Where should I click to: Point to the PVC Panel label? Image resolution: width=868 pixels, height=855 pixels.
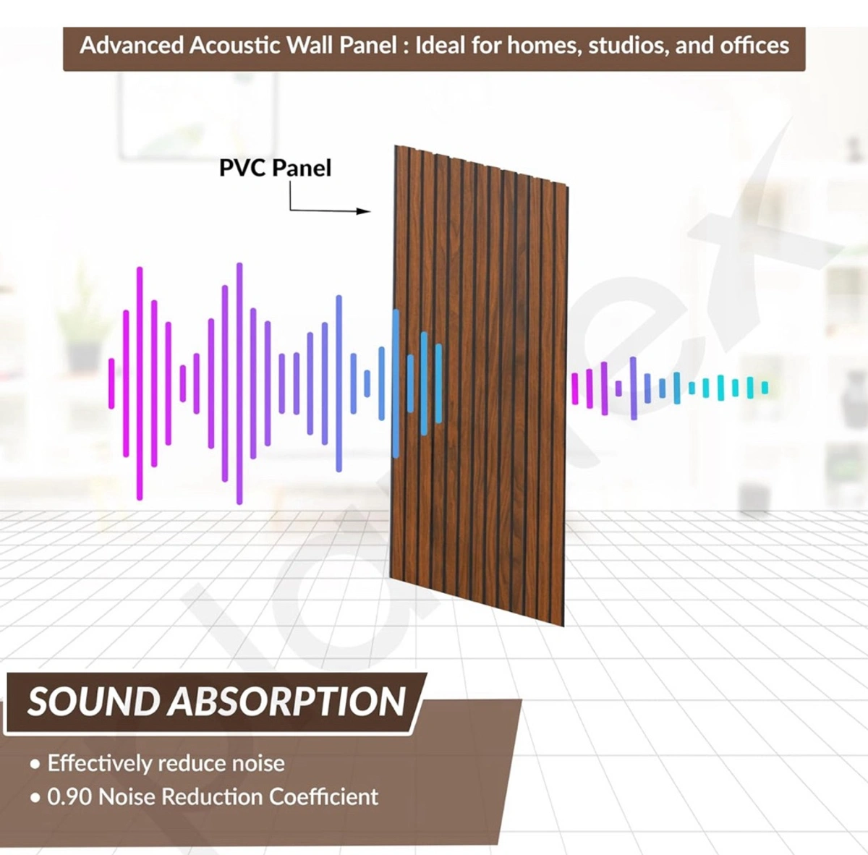pos(275,168)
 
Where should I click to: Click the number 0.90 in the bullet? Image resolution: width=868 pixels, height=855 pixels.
pos(70,796)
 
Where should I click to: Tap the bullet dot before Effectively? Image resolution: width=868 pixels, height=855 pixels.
pos(35,765)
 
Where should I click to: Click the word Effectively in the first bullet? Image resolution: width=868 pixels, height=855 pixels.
pos(100,763)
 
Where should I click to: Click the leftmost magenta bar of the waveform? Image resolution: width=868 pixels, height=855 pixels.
pos(111,383)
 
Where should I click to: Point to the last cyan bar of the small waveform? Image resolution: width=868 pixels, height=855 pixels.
pos(765,388)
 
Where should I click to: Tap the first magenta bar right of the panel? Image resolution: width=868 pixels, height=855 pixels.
pos(575,388)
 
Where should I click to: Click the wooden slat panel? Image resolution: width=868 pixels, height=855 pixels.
pos(477,383)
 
